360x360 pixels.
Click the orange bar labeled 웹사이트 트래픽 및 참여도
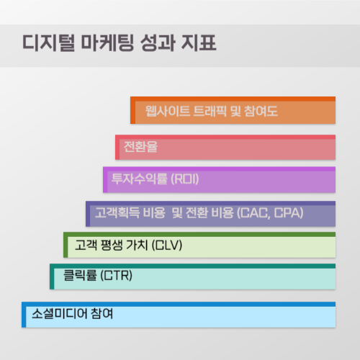pos(234,111)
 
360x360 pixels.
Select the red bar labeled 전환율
pos(226,148)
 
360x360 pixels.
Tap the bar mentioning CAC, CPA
pos(212,213)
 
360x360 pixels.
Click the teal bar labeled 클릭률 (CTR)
pos(194,276)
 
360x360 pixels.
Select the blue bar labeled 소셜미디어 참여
pos(180,315)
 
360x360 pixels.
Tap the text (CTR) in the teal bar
pos(117,276)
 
